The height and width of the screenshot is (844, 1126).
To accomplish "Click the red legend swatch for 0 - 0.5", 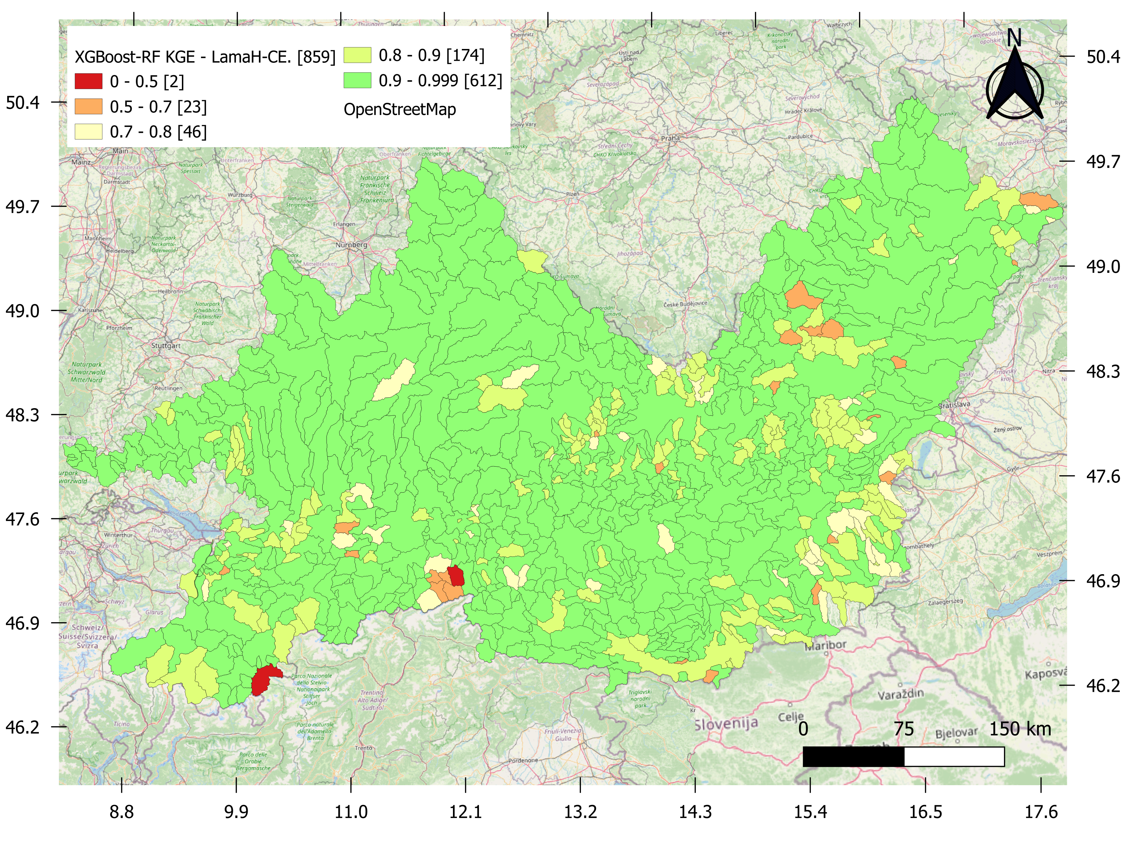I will pos(88,82).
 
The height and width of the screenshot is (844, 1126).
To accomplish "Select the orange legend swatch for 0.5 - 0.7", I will pos(88,107).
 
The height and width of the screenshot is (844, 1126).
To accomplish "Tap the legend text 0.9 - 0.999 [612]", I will pos(440,81).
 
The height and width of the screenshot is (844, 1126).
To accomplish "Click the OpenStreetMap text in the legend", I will pos(400,109).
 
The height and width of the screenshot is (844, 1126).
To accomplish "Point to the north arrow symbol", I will pos(1014,82).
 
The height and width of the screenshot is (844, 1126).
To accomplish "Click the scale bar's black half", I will pos(853,757).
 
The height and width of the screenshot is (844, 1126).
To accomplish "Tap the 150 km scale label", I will pos(1020,729).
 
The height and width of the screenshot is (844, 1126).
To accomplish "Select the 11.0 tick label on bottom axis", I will pos(351,811).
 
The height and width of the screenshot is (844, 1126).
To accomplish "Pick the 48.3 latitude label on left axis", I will pos(22,415).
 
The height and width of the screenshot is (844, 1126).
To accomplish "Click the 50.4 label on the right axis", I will pos(1103,57).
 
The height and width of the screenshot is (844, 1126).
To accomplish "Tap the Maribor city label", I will pos(825,645).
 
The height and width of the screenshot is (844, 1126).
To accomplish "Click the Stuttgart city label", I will pos(166,345).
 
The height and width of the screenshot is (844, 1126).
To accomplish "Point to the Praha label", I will pos(670,138).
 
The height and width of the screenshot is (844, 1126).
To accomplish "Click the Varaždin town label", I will pos(900,694).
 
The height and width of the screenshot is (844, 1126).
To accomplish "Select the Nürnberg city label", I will pos(351,245).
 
